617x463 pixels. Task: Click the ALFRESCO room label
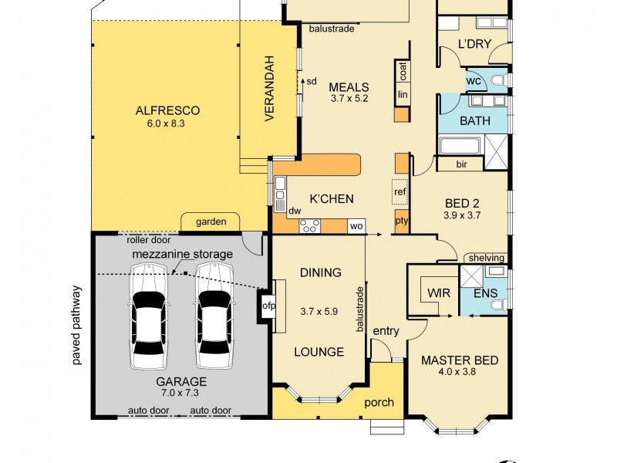(167, 110)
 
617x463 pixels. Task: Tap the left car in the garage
(148, 316)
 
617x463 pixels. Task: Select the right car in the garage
(214, 316)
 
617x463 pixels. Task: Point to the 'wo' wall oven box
(356, 226)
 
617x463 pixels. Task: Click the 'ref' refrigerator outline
(400, 191)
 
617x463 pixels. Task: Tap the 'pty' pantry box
(402, 221)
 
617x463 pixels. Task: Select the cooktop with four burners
(310, 226)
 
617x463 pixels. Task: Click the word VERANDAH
(269, 89)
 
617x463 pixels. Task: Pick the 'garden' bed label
(211, 221)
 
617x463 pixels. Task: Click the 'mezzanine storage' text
(182, 255)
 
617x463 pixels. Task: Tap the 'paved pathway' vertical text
(76, 325)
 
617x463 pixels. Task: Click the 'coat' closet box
(403, 71)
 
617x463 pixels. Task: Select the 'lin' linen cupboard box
(403, 94)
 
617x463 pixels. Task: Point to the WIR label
(439, 293)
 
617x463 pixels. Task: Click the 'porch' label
(379, 403)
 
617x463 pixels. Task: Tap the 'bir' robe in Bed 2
(461, 164)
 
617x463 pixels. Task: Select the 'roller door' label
(149, 240)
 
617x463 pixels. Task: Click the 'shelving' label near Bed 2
(487, 258)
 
